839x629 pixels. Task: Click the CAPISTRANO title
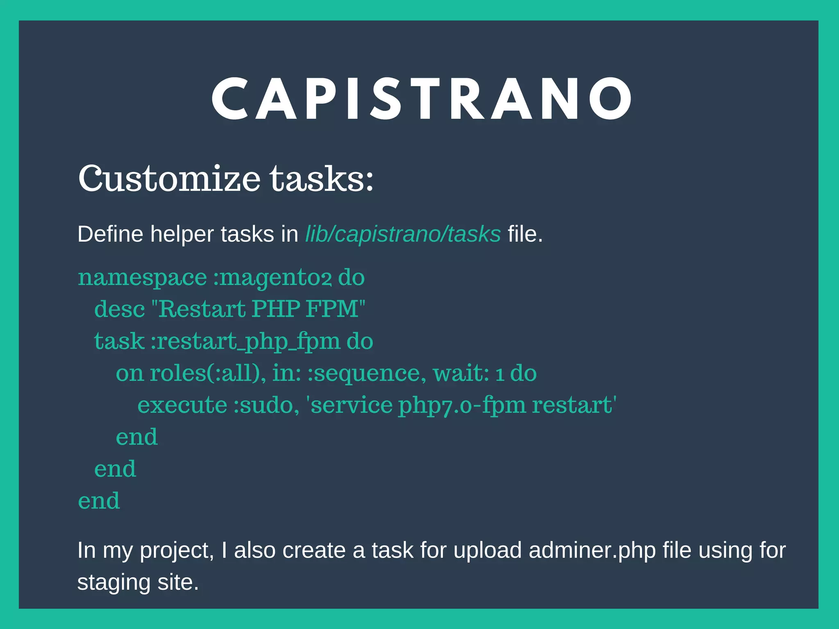coord(422,99)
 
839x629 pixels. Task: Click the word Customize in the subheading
coord(169,179)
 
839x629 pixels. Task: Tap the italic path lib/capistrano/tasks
coord(403,234)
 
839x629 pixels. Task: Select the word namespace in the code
coord(142,278)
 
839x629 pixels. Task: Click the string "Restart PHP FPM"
coord(258,309)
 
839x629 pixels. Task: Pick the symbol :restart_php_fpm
coord(245,341)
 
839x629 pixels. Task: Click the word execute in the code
coord(182,405)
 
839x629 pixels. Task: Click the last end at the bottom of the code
coord(99,501)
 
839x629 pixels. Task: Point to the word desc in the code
coord(119,309)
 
